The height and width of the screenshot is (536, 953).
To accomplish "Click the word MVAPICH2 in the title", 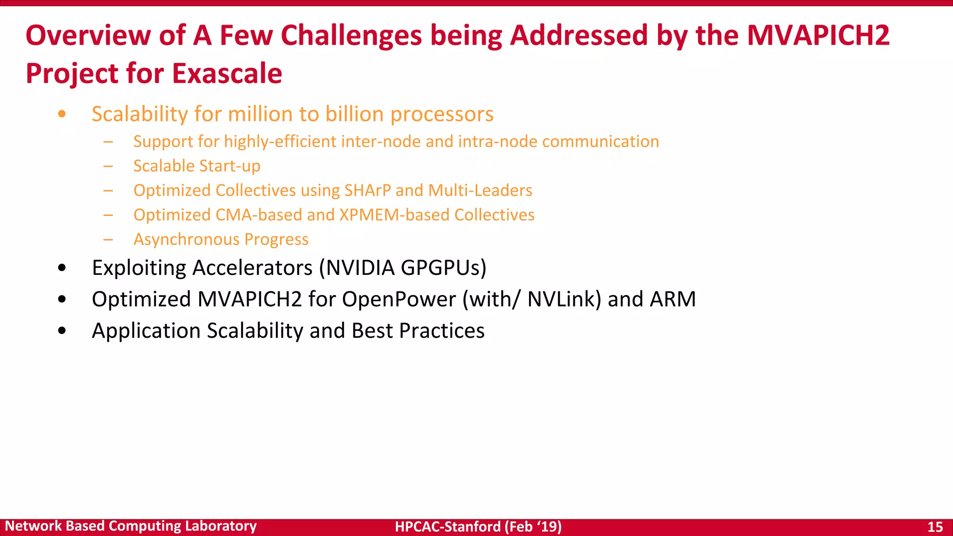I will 818,35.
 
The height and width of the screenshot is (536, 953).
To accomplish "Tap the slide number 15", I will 935,527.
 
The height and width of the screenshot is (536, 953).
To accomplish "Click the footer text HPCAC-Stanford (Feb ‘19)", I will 478,527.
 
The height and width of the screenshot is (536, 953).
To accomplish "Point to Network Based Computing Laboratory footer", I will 131,526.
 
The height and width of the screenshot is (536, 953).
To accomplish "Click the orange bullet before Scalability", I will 62,114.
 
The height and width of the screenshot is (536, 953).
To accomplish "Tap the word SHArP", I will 368,190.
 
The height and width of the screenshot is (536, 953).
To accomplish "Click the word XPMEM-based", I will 395,215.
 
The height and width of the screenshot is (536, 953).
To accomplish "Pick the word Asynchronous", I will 187,240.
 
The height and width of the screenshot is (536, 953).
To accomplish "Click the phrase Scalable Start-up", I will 197,166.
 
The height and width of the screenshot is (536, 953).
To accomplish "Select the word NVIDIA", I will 360,268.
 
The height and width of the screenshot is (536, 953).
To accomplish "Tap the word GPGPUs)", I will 443,268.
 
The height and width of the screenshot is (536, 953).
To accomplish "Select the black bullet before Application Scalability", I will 62,331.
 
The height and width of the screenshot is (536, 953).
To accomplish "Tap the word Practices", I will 442,331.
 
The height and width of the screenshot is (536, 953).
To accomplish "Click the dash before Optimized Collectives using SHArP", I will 108,190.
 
